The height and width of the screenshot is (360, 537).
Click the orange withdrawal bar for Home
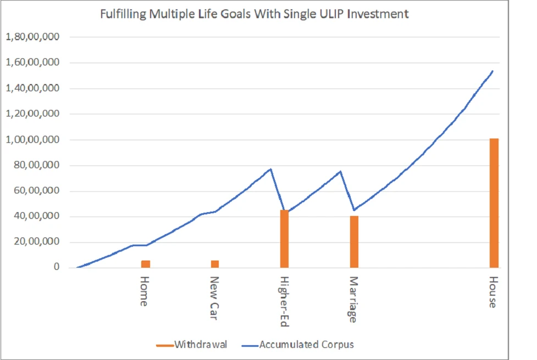(x=145, y=264)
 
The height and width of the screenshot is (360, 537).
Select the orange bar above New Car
(x=215, y=264)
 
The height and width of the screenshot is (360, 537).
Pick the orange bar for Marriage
(x=354, y=242)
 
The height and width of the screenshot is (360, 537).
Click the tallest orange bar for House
(x=494, y=203)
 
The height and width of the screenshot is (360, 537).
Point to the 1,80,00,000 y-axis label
(x=32, y=37)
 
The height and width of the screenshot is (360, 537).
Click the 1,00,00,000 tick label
(x=32, y=140)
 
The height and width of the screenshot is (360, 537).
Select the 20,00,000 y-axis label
(x=36, y=242)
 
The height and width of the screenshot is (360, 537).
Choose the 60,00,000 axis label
(x=36, y=191)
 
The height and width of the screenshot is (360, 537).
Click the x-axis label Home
(x=144, y=291)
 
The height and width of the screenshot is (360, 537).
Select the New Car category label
(x=214, y=296)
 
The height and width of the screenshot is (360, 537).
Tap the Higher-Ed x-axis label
(x=284, y=301)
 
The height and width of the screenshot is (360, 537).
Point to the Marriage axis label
(x=353, y=299)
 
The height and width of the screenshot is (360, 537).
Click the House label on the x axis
(x=492, y=292)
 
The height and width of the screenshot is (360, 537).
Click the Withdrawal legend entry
(x=192, y=345)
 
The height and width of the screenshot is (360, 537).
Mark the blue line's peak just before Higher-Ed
(x=270, y=169)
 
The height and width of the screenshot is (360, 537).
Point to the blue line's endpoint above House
(x=492, y=71)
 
